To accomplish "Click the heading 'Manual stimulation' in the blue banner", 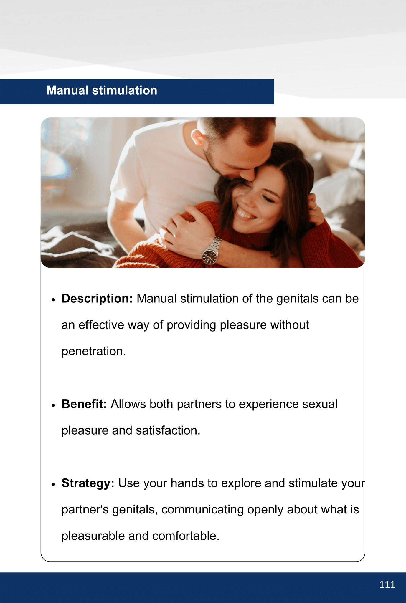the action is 102,90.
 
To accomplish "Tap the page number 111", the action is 387,584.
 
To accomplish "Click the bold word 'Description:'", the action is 97,299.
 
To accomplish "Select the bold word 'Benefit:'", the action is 84,404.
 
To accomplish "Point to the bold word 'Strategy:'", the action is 88,484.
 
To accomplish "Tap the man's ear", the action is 197,138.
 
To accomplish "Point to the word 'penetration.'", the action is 94,351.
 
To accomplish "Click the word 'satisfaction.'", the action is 168,430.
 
